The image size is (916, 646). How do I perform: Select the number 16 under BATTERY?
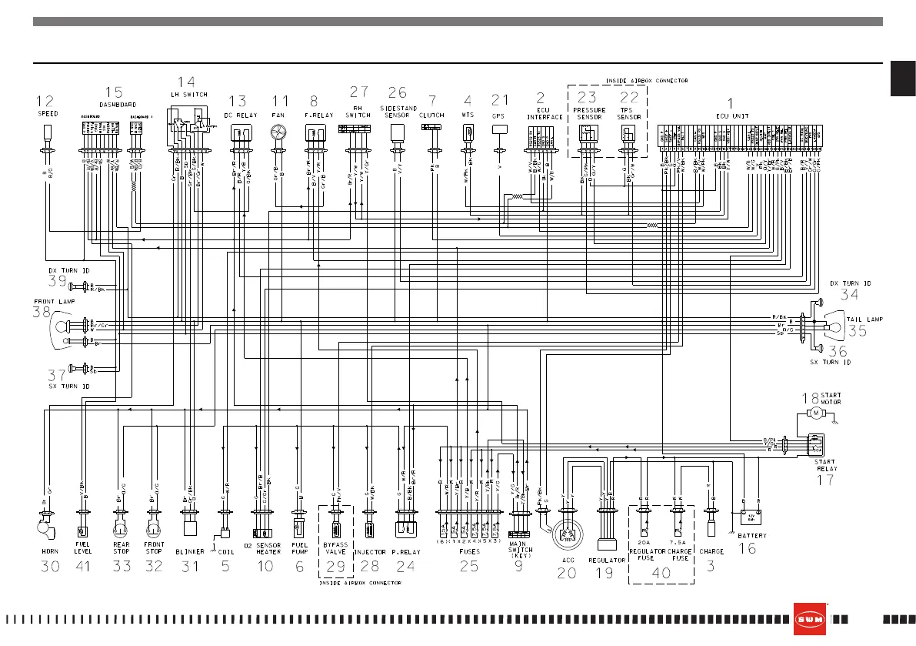pos(747,548)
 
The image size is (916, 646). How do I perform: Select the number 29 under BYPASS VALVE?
pos(335,566)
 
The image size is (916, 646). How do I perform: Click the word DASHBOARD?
pos(118,104)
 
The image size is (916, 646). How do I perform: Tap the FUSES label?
pos(469,551)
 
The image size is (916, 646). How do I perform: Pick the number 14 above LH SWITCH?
pos(186,82)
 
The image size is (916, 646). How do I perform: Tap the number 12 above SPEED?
pos(45,100)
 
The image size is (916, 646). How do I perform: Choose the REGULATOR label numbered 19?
pos(605,561)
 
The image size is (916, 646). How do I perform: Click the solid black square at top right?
pos(903,79)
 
